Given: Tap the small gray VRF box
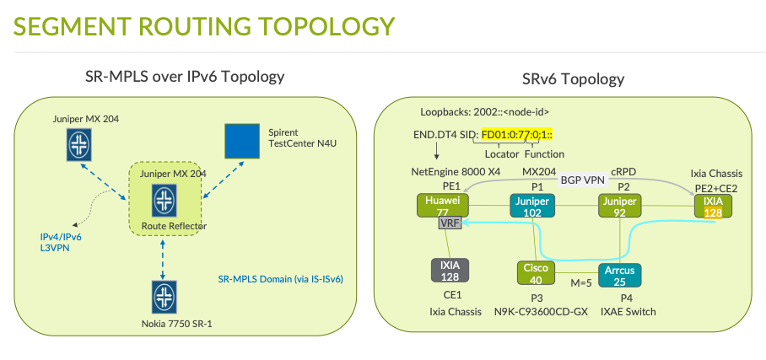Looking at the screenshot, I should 447,224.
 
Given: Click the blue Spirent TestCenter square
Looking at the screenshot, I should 242,141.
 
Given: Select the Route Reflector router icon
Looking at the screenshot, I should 164,201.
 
